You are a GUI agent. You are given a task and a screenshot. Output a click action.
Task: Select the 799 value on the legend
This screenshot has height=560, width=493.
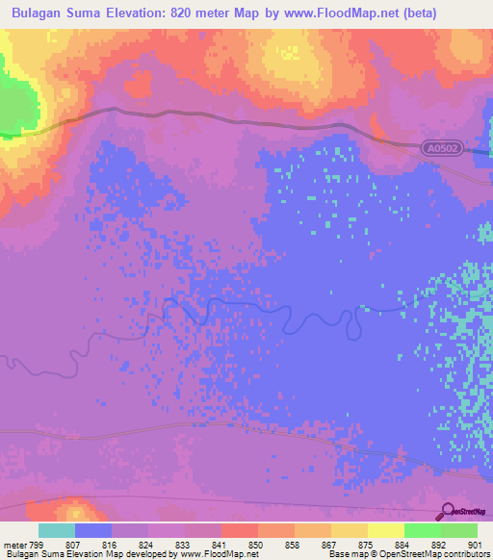(x=38, y=544)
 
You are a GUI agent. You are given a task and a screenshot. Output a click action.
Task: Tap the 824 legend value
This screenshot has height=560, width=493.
(x=147, y=544)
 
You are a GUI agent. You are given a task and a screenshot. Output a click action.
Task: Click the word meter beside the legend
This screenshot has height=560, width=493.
(x=13, y=544)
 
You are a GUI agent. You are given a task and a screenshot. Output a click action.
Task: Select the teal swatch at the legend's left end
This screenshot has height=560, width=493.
(x=57, y=530)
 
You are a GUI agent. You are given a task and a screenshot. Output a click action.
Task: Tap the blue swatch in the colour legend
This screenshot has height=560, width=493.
(x=93, y=530)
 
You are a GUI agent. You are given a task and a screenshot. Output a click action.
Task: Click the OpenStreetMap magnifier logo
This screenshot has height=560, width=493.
(x=446, y=512)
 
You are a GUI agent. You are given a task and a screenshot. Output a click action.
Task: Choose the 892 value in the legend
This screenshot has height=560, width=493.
(x=439, y=544)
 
